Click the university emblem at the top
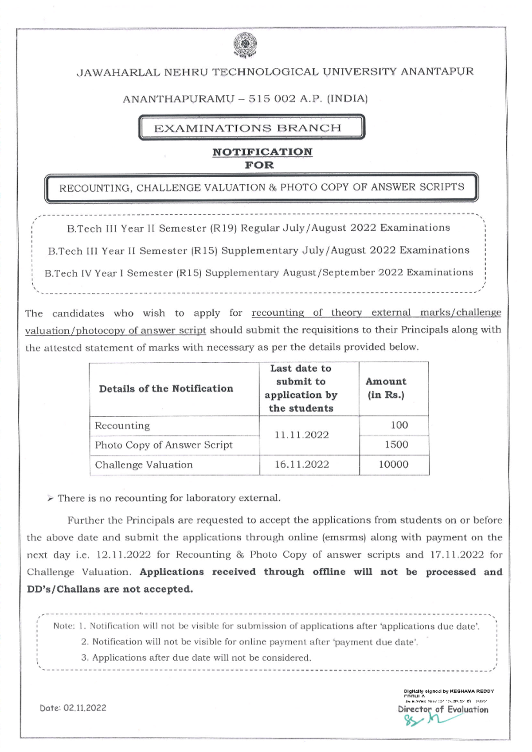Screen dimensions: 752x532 [x=245, y=46]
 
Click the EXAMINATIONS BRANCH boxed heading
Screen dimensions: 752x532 [x=251, y=128]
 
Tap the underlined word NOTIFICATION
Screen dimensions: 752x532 [x=262, y=152]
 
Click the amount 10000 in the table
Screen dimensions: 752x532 [x=393, y=465]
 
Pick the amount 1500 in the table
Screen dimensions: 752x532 [x=396, y=445]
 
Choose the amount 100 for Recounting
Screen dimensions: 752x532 [x=399, y=425]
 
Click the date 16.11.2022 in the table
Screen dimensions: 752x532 [x=302, y=465]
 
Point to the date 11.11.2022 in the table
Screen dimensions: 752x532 [x=301, y=435]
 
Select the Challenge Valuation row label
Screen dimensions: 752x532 [x=144, y=465]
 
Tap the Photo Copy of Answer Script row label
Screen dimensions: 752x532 [x=163, y=445]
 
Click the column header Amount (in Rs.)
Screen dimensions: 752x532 [x=386, y=388]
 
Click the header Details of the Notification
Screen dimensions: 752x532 [x=166, y=389]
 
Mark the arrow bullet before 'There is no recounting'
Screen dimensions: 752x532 [x=51, y=499]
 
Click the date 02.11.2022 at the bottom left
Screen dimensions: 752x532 [x=85, y=708]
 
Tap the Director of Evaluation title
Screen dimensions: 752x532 [x=443, y=709]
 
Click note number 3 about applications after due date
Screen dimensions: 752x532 [x=196, y=658]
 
